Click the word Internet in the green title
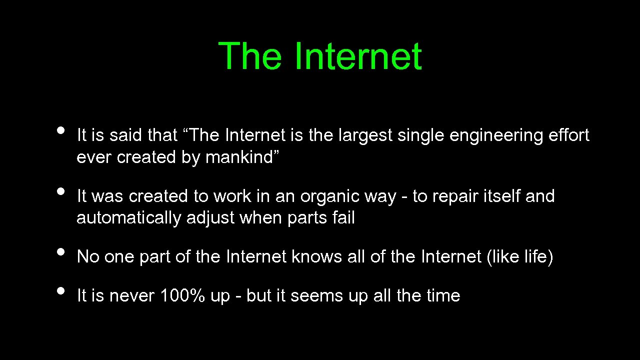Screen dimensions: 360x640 (x=358, y=56)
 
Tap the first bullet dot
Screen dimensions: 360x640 (x=61, y=130)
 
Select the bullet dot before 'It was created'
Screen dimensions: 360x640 (x=61, y=191)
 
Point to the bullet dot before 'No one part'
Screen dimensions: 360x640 (x=61, y=251)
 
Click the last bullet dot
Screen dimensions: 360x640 (x=61, y=290)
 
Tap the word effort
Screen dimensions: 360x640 (x=568, y=135)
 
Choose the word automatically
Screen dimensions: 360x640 (x=128, y=218)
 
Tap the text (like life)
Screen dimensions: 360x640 (x=519, y=257)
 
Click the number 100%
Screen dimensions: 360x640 (x=182, y=296)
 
